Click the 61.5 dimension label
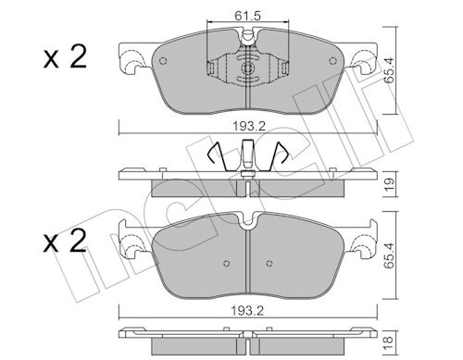coord(247,16)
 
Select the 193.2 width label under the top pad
coord(249,127)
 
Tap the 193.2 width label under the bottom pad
coord(248,311)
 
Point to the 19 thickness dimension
coord(390,184)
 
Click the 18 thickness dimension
coord(390,341)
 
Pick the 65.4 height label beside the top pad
coord(390,69)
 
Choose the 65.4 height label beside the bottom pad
coord(390,255)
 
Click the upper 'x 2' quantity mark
coord(65,57)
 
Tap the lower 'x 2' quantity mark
coord(65,242)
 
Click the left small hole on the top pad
coord(163,61)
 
